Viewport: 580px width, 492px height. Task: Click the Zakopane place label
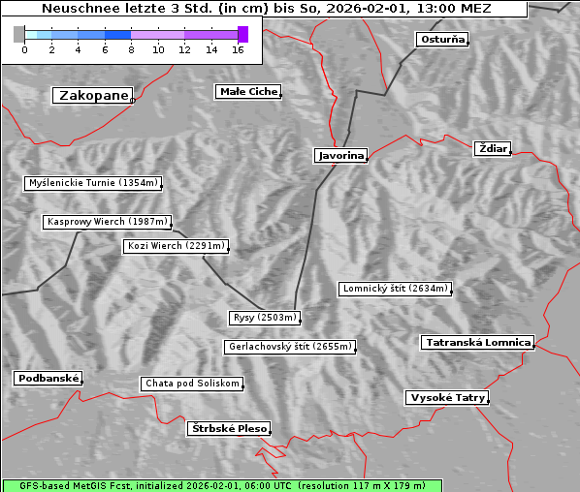[x=93, y=95]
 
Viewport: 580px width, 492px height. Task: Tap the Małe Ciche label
[x=248, y=92]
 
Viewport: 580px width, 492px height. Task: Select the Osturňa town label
[x=442, y=40]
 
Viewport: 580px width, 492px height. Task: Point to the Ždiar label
[x=492, y=148]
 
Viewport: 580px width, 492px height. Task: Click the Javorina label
[x=340, y=155]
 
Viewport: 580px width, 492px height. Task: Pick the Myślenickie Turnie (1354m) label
[x=92, y=182]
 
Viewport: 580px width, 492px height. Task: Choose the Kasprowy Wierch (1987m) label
[x=108, y=222]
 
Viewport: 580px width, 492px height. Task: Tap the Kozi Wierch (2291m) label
[x=177, y=246]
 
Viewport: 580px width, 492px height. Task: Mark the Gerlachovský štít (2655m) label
[x=289, y=347]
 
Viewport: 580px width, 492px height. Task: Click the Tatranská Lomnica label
[x=478, y=343]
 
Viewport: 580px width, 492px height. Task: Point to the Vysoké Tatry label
[x=447, y=398]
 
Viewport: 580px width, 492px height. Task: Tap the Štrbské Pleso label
[x=228, y=428]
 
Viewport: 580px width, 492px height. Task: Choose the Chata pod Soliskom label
[x=191, y=384]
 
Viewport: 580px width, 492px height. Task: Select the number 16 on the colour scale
[x=238, y=49]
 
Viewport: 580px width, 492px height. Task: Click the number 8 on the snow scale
[x=131, y=49]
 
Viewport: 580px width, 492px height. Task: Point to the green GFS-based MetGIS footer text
[x=222, y=485]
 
